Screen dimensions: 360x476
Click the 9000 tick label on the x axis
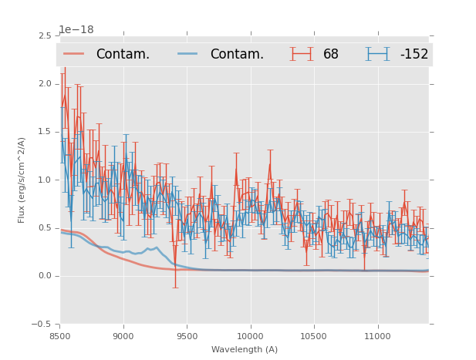pyautogui.click(x=123, y=336)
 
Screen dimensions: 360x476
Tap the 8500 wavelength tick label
pyautogui.click(x=60, y=336)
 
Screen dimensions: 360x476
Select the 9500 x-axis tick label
pyautogui.click(x=187, y=336)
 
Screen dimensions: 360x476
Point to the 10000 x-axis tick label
pyautogui.click(x=251, y=336)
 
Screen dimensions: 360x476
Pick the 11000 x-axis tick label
pyautogui.click(x=378, y=336)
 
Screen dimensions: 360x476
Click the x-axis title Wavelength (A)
pyautogui.click(x=245, y=349)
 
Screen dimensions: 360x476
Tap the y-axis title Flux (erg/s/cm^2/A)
pyautogui.click(x=22, y=180)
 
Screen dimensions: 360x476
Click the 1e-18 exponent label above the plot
pyautogui.click(x=76, y=30)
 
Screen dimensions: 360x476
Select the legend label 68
pyautogui.click(x=331, y=54)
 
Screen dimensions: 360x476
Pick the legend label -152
pyautogui.click(x=414, y=54)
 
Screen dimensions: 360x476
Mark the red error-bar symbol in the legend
pyautogui.click(x=302, y=54)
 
